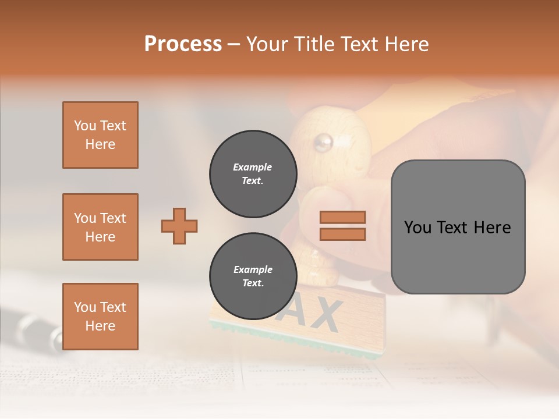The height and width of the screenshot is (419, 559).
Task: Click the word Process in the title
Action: [183, 44]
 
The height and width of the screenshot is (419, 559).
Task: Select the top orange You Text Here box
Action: [100, 135]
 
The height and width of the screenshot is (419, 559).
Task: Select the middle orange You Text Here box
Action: [100, 227]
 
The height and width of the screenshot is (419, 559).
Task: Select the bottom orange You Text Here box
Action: [100, 317]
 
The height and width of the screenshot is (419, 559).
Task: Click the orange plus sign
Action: [179, 226]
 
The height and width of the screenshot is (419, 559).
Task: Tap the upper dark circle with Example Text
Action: [253, 174]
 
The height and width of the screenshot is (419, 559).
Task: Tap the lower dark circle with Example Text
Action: [253, 276]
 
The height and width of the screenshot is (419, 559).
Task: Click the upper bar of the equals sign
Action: [342, 218]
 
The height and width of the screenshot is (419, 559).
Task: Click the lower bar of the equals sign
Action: [342, 234]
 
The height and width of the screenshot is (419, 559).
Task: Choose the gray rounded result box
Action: [458, 227]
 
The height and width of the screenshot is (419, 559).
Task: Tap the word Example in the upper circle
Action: [253, 167]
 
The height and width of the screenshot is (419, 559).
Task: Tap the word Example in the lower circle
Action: [253, 269]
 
